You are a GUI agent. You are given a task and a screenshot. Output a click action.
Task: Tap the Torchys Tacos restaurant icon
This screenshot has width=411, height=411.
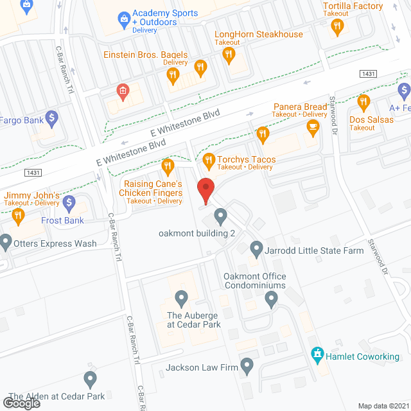(207, 160)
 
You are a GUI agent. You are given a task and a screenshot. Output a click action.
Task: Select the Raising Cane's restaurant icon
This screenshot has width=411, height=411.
(168, 166)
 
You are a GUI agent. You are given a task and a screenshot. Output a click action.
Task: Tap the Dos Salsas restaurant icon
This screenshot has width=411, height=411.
(363, 101)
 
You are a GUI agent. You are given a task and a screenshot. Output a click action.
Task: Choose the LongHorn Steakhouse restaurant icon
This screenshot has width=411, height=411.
(228, 56)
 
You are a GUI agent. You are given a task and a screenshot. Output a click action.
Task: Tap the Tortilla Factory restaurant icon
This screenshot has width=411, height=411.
(336, 26)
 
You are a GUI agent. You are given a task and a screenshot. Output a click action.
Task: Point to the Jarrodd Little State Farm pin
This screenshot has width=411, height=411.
(256, 247)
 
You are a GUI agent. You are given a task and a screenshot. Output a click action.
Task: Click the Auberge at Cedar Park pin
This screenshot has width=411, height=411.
(181, 298)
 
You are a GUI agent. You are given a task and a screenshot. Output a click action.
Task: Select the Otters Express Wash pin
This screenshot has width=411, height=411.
(6, 242)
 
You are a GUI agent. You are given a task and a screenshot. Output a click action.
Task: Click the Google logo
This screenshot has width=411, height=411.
(21, 403)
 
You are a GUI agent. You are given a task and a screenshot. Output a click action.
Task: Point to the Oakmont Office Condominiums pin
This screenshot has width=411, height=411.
(271, 297)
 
